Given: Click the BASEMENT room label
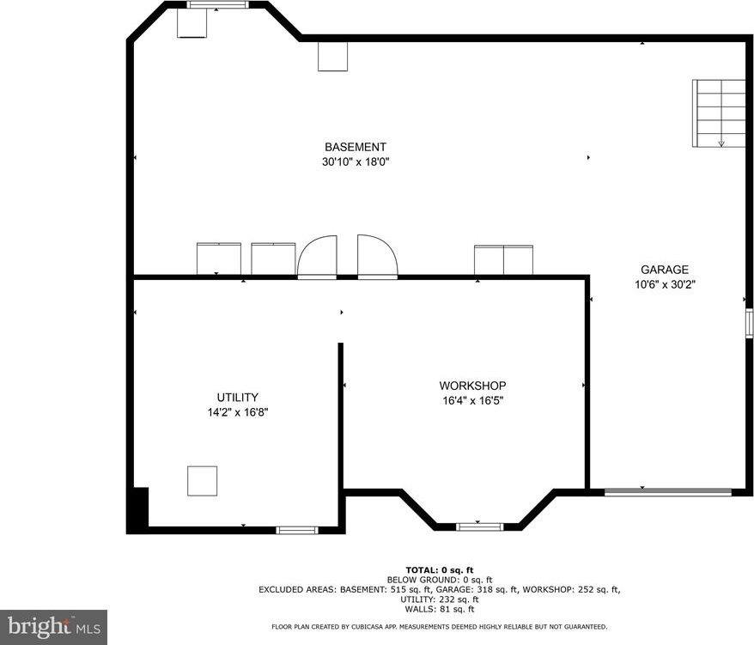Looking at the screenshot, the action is tap(356, 147).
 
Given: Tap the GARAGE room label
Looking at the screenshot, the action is tap(665, 270).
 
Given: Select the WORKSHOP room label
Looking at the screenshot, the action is tap(472, 386).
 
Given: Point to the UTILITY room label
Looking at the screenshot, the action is tap(238, 398).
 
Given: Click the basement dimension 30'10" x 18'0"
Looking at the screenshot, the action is tap(356, 161).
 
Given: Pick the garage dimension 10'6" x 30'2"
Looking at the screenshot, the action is tap(665, 284).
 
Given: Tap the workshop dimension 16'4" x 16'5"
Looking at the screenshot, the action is tap(472, 400).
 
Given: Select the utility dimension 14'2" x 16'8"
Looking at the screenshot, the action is tap(238, 412).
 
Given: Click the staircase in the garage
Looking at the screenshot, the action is tap(719, 113).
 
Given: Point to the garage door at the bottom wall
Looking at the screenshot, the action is tap(668, 492).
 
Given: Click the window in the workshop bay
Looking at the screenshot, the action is tap(479, 526).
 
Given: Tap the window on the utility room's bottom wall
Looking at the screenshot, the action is tap(296, 530).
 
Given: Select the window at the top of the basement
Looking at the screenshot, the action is tap(218, 5).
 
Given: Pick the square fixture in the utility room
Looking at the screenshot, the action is tap(202, 481).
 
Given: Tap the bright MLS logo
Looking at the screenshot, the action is tap(54, 628).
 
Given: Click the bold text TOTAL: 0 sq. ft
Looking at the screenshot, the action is tap(440, 570).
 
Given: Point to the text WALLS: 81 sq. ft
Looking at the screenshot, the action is tap(440, 609).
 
